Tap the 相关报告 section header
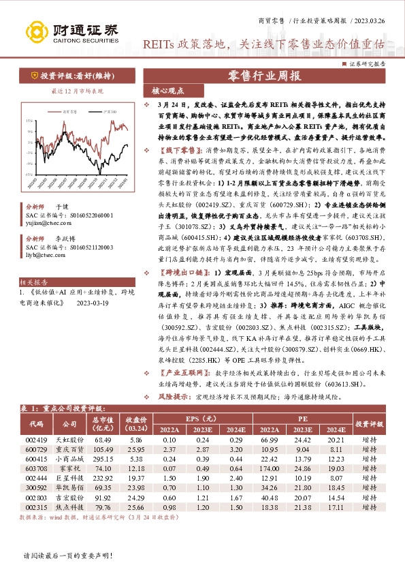point(33,281)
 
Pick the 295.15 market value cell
point(103,459)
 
